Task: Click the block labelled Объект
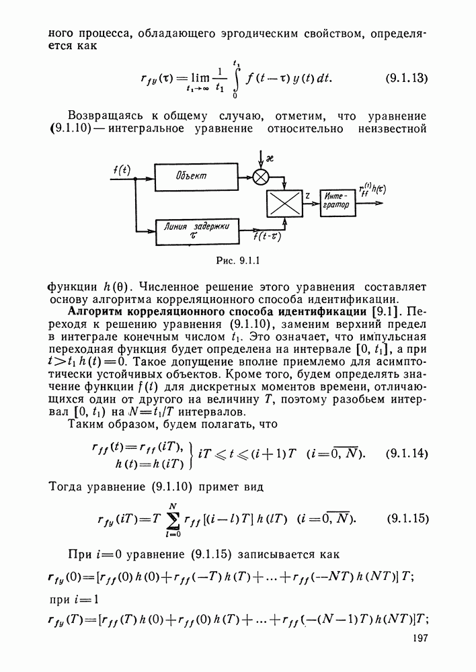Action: [192, 177]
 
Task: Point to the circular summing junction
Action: [260, 177]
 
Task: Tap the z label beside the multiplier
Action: [307, 195]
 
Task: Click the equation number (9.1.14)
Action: [408, 453]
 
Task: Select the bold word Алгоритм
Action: [95, 312]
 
